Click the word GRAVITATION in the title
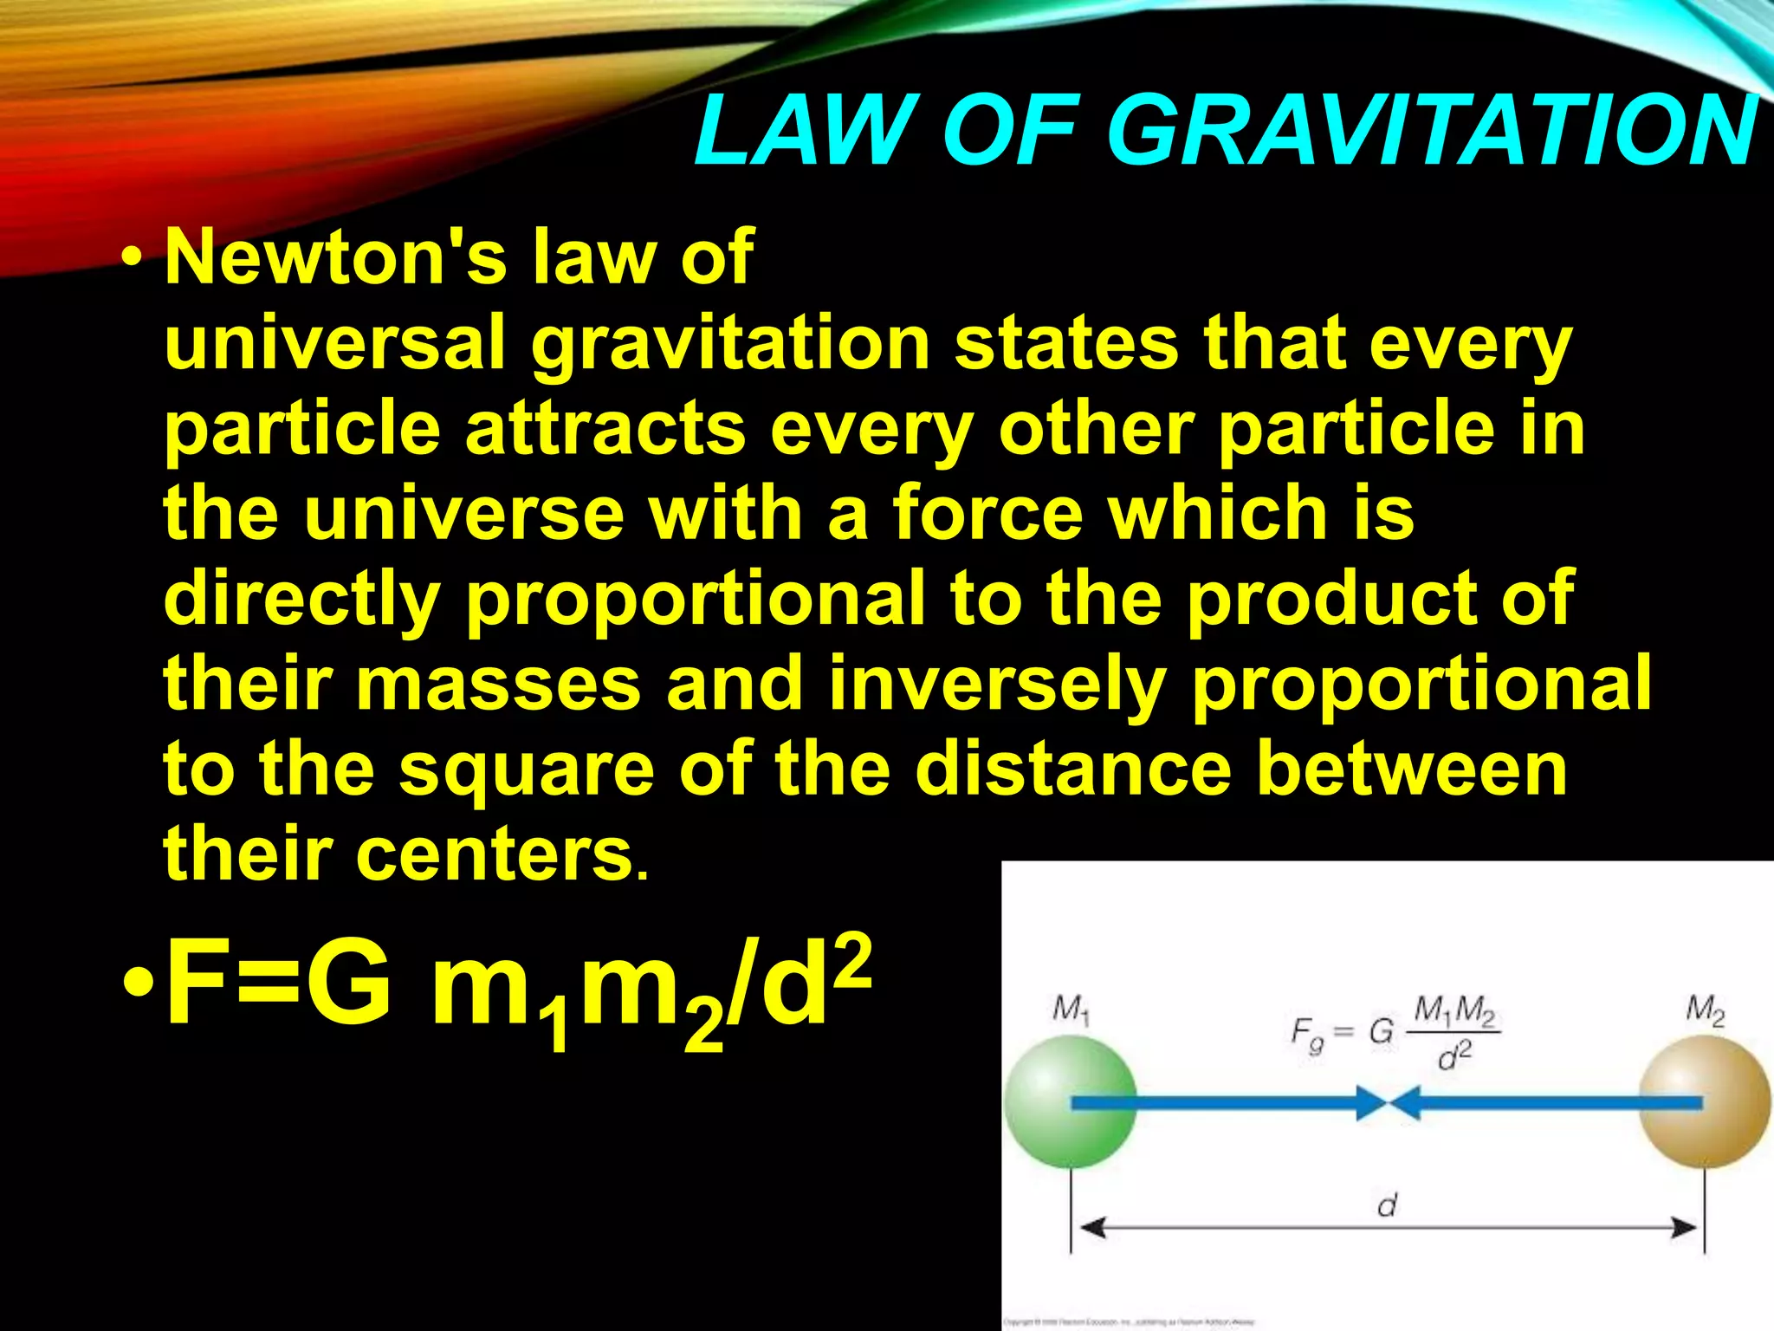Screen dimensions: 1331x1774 click(1429, 132)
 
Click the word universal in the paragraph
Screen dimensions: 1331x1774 click(334, 343)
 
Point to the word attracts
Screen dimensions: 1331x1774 click(605, 428)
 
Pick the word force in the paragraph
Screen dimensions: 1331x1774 click(987, 513)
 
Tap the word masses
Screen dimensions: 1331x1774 click(498, 683)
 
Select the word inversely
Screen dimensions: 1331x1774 click(996, 685)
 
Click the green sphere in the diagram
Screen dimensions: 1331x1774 click(1071, 1102)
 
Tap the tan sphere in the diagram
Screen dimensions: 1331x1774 click(1705, 1102)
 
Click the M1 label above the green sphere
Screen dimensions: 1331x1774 click(1071, 1010)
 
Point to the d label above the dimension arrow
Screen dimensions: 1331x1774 click(1387, 1204)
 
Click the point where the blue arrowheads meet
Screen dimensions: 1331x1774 click(1389, 1103)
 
